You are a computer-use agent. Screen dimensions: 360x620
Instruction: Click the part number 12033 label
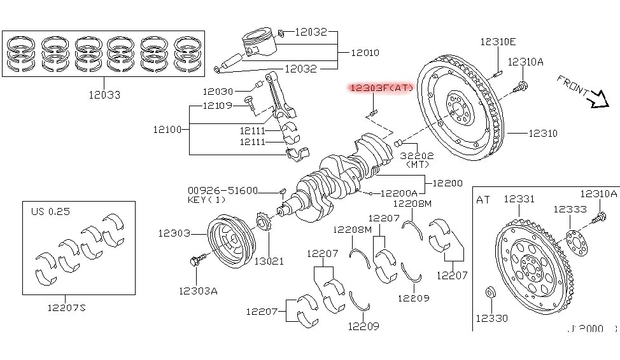click(105, 95)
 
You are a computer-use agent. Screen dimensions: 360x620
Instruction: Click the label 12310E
click(498, 42)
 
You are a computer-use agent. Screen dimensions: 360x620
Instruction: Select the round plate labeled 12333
click(575, 239)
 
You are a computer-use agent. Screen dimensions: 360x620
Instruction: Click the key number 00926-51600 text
click(222, 190)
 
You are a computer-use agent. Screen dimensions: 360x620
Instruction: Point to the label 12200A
click(399, 193)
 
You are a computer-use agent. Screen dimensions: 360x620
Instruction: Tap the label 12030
click(218, 92)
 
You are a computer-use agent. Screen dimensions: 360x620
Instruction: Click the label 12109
click(218, 105)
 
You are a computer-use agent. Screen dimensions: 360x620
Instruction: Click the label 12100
click(167, 130)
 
